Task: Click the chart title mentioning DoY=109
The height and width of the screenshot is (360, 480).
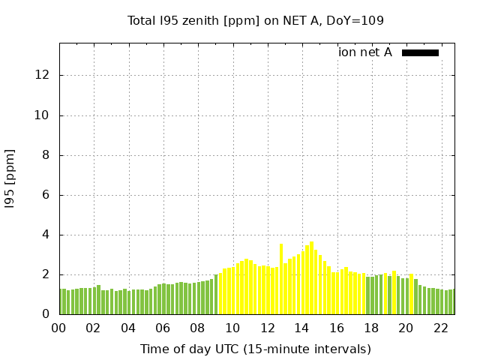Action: [x=255, y=20]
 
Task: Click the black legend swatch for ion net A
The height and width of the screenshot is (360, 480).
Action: [x=420, y=52]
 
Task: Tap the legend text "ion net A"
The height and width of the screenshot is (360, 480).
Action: [x=365, y=52]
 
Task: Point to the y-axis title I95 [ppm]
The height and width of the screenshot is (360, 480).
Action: [x=10, y=178]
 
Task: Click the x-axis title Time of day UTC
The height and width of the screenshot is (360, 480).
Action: [x=255, y=349]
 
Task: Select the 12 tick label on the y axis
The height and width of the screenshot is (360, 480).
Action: [x=43, y=76]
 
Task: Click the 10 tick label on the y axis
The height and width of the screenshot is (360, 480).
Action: [x=43, y=115]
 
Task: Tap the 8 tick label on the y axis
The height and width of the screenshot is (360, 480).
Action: [x=46, y=155]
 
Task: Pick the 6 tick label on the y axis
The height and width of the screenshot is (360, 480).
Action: [x=46, y=195]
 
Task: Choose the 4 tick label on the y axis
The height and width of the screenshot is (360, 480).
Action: [x=46, y=235]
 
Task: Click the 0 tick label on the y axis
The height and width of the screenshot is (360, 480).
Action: [x=46, y=314]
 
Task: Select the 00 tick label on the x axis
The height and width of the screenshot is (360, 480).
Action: [x=58, y=328]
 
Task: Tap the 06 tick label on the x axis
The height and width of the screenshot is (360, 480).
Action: [x=163, y=328]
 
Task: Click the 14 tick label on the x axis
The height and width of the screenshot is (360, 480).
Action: [x=301, y=328]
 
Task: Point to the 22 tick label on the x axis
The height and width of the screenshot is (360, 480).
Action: [x=440, y=328]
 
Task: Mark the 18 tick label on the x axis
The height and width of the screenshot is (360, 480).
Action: [x=371, y=328]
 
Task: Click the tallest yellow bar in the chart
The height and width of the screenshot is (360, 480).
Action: [x=311, y=277]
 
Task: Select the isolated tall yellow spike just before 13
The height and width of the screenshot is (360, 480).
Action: [x=281, y=279]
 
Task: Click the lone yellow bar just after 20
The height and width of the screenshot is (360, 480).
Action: [x=411, y=294]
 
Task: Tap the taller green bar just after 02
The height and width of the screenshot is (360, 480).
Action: [x=98, y=299]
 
